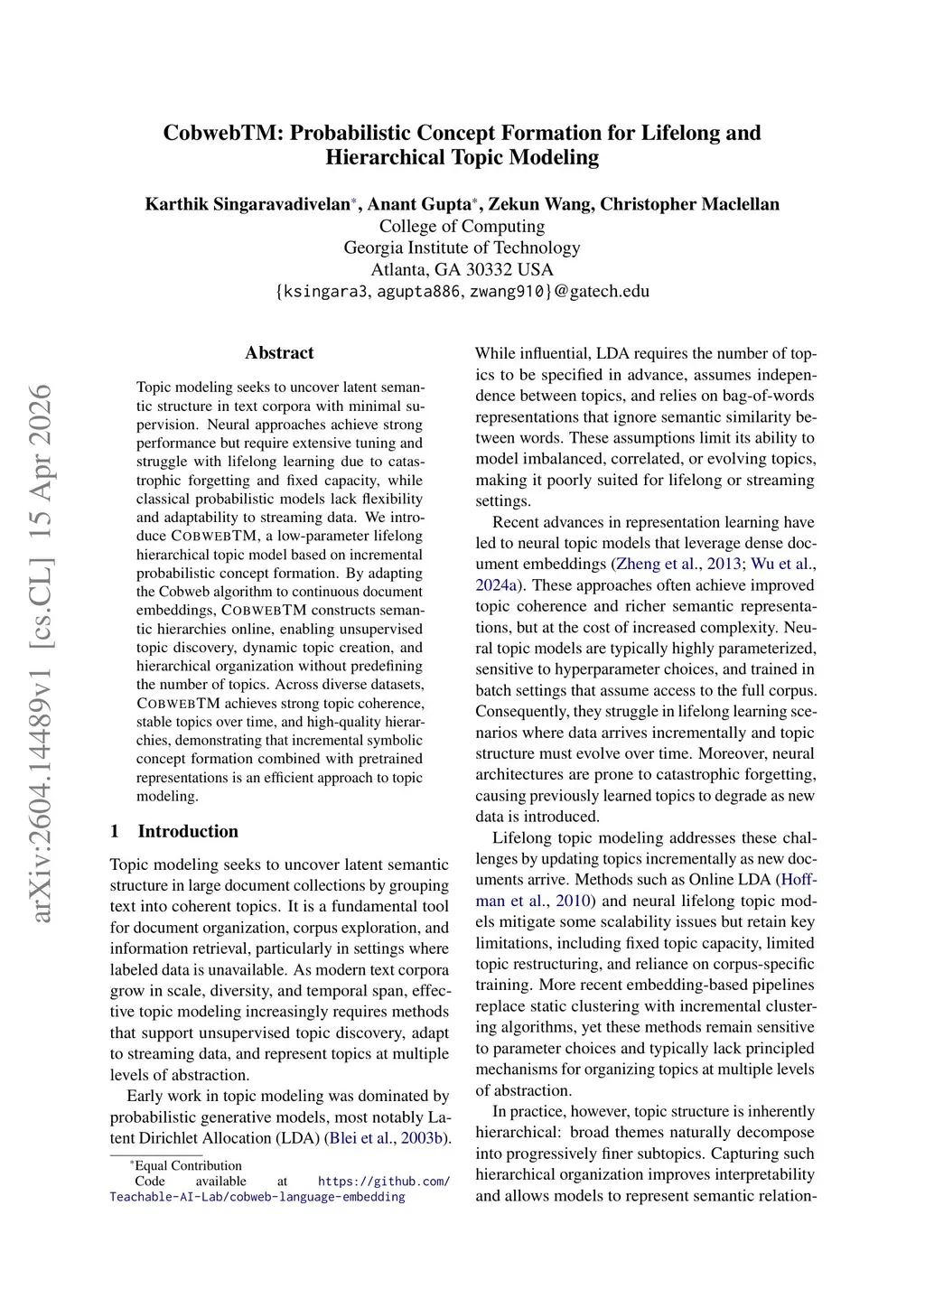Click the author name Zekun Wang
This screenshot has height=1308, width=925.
540,204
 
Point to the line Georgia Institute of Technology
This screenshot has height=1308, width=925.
462,248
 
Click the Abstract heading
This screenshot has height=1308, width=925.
279,353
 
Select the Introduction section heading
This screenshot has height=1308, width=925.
188,831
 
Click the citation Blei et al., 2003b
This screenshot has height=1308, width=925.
388,1138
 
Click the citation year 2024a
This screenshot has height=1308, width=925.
496,585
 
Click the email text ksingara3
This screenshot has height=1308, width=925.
326,291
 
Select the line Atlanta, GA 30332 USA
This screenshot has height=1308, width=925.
462,269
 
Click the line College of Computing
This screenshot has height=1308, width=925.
462,226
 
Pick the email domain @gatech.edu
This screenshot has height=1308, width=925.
601,291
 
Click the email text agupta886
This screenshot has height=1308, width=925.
419,291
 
